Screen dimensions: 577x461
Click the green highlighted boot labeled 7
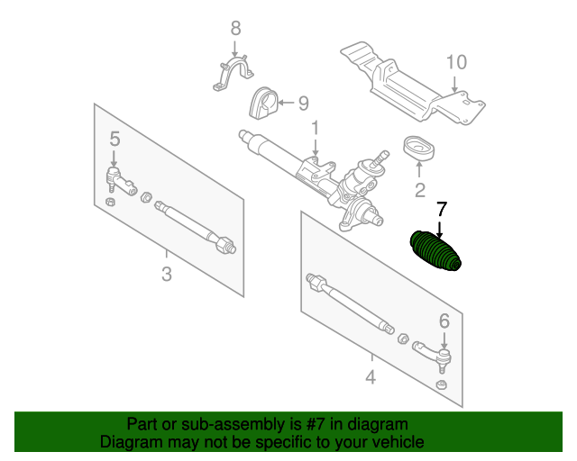[435, 252]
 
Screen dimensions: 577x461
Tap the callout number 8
[236, 28]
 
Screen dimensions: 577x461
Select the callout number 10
[457, 62]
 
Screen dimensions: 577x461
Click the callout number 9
[303, 104]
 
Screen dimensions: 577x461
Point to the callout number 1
[315, 128]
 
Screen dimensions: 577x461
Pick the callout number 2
[419, 190]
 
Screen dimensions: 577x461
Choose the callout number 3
[167, 274]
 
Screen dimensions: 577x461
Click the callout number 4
[371, 377]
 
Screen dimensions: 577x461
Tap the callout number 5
[114, 140]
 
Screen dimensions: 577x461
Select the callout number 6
[444, 321]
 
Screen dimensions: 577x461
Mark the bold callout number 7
[441, 210]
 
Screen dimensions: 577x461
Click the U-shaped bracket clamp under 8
[233, 73]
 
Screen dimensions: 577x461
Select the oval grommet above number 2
[418, 148]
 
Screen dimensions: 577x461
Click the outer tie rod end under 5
[121, 180]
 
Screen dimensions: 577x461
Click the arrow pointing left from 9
[287, 103]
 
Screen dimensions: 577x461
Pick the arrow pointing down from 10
[454, 85]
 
